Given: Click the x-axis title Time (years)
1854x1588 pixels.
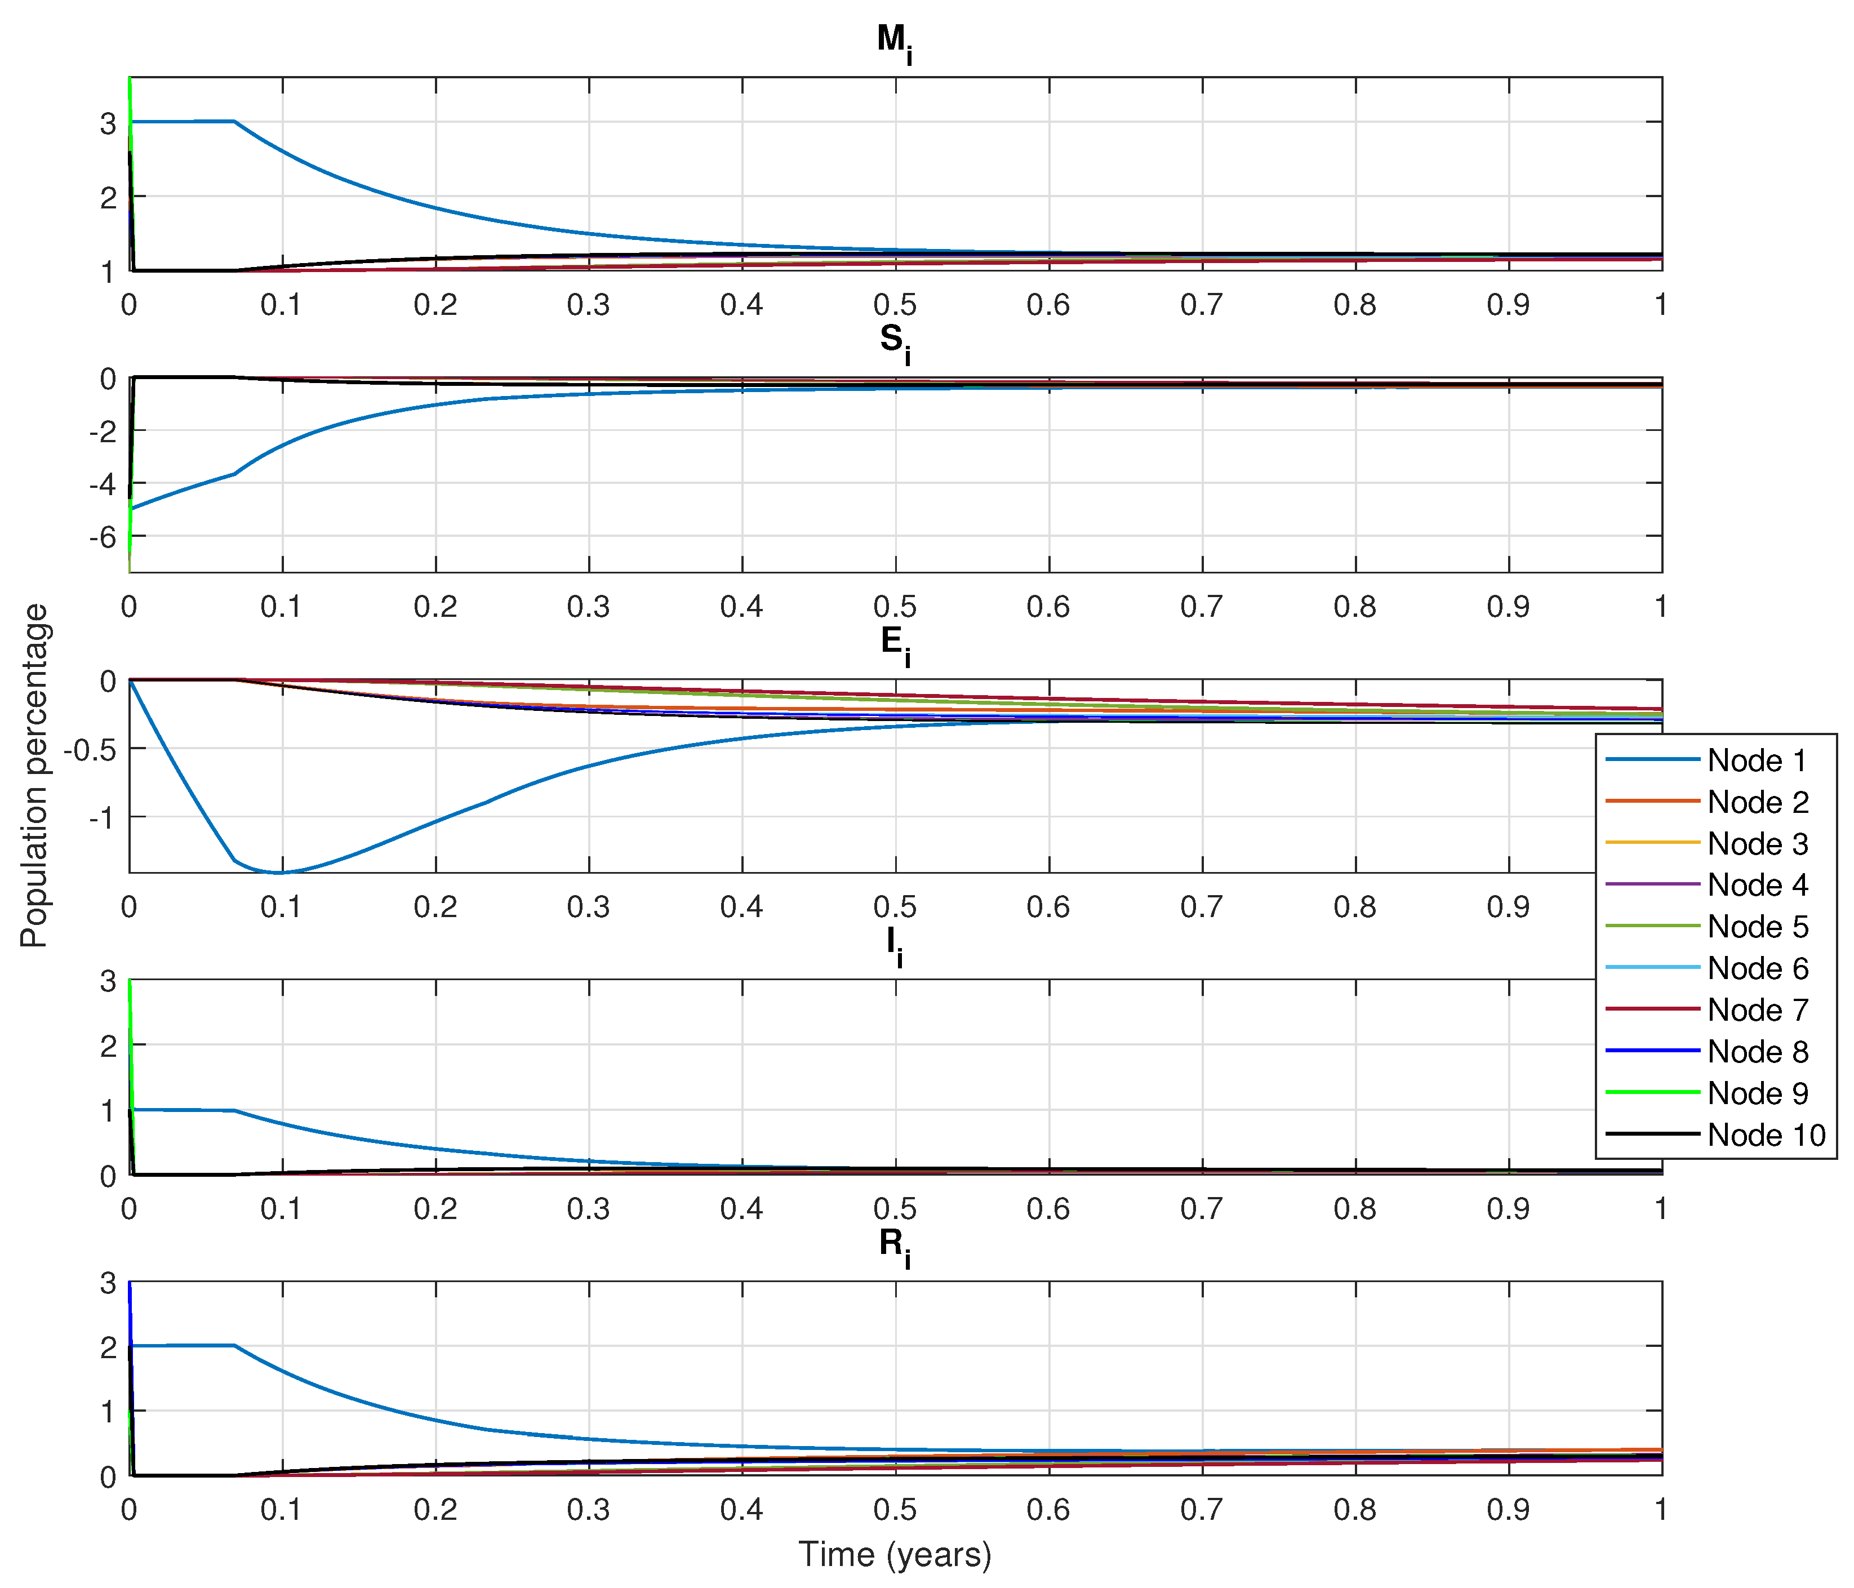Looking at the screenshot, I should click(x=895, y=1554).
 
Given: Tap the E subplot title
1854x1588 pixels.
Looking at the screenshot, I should click(x=895, y=643).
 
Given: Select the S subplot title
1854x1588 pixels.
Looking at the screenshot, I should click(x=894, y=342).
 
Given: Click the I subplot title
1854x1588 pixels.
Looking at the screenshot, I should click(x=894, y=944).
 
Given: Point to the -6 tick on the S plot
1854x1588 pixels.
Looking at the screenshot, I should click(x=103, y=537).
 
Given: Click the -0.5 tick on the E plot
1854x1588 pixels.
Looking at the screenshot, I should click(x=90, y=750).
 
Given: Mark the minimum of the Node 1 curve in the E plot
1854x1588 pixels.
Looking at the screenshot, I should click(x=279, y=872).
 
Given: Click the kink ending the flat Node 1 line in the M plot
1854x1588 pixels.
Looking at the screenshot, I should click(x=234, y=121).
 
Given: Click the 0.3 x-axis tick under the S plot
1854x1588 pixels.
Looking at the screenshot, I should click(x=588, y=607).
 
